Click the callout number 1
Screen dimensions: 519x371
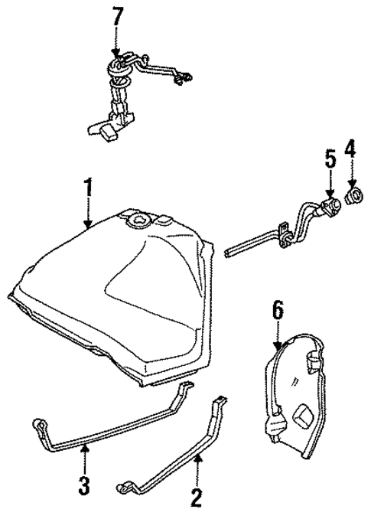pos(89,188)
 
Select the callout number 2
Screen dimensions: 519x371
pos(196,499)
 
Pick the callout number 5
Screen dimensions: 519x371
pos(329,159)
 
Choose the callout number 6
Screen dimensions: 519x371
pos(277,310)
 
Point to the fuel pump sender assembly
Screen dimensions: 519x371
pos(122,92)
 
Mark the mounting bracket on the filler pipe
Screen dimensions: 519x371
pos(285,233)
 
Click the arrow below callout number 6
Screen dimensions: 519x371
pos(278,335)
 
